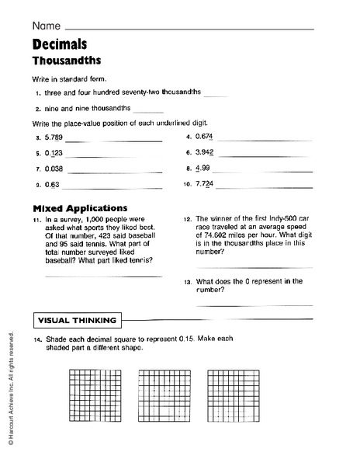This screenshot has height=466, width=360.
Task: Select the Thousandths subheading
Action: coord(67,60)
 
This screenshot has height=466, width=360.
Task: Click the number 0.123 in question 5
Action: coord(54,154)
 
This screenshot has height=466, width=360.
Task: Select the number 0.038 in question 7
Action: coord(54,169)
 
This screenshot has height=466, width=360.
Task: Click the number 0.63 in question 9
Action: coord(52,185)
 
